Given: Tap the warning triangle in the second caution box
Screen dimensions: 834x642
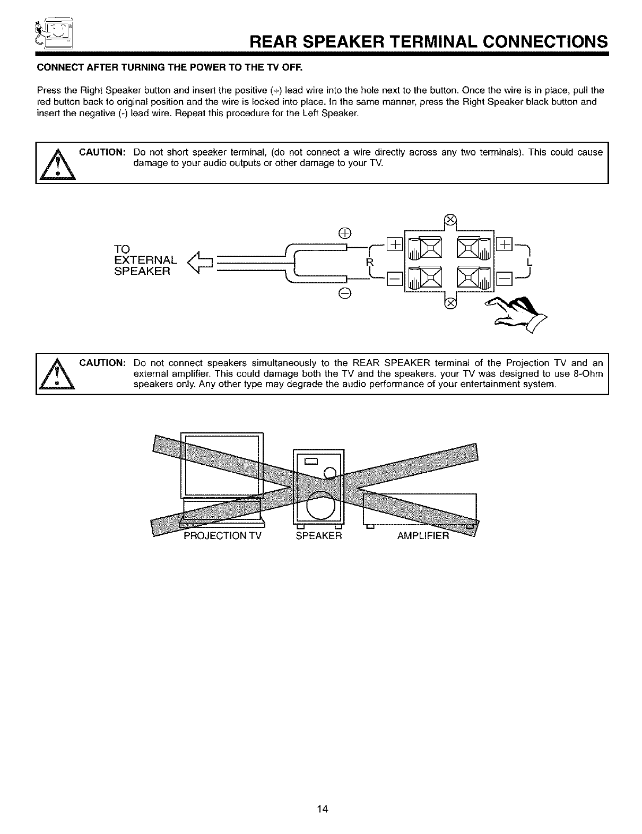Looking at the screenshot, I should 57,374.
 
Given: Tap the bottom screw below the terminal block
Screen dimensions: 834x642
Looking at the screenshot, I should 450,303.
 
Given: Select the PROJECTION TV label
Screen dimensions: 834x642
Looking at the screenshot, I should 222,536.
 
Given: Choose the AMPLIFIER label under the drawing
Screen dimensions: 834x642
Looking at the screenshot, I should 423,536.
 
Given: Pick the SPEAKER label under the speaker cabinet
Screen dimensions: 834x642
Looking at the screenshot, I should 319,536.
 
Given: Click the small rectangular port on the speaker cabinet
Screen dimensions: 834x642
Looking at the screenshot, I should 310,461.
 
